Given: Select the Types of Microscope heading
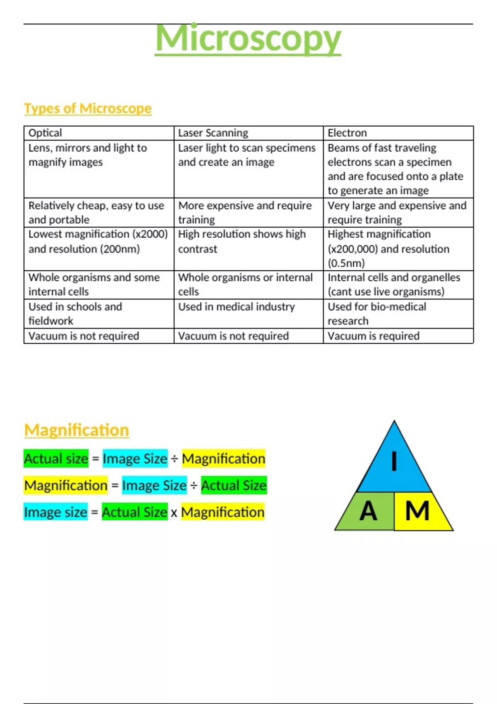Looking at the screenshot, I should [88, 108].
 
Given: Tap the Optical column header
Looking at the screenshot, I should [45, 133].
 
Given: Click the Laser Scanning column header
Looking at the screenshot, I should [213, 133].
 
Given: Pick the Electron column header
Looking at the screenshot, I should [347, 133].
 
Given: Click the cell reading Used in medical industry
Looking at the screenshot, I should [236, 307].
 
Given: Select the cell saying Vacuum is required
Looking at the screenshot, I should [374, 336].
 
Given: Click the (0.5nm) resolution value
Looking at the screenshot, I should [346, 263].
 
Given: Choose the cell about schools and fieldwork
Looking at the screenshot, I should [75, 313].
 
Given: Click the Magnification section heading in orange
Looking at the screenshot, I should [77, 430].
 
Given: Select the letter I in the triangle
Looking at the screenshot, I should [394, 461].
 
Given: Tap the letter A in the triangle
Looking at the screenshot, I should [368, 511].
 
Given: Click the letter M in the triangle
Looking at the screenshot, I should [417, 511].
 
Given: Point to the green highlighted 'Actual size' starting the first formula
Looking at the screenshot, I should [56, 459].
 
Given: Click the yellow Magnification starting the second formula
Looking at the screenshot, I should [66, 485].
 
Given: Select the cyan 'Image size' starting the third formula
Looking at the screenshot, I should [55, 512].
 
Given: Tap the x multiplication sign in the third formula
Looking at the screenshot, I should [174, 513].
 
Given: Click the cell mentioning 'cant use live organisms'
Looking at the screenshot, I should [386, 292].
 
